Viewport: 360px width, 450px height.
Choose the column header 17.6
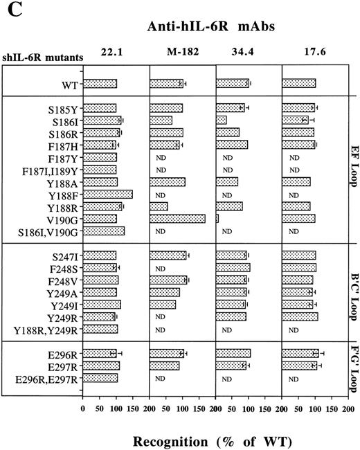pyautogui.click(x=313, y=50)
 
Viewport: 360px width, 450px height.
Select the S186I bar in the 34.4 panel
pyautogui.click(x=222, y=120)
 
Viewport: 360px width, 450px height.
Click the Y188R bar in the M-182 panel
pyautogui.click(x=159, y=206)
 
